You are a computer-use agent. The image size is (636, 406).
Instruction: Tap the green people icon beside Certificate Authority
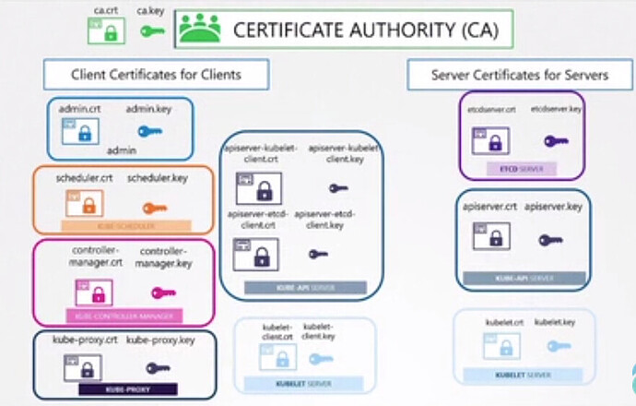tap(200, 29)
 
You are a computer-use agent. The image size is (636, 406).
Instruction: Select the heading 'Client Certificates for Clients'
tap(157, 75)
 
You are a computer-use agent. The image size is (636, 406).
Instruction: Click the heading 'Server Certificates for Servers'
tap(519, 75)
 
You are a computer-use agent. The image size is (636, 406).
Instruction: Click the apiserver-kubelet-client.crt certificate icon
tap(258, 189)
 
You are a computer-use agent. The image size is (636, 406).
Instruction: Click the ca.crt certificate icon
tap(106, 31)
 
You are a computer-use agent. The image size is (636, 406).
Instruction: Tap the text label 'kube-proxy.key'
tap(161, 340)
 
